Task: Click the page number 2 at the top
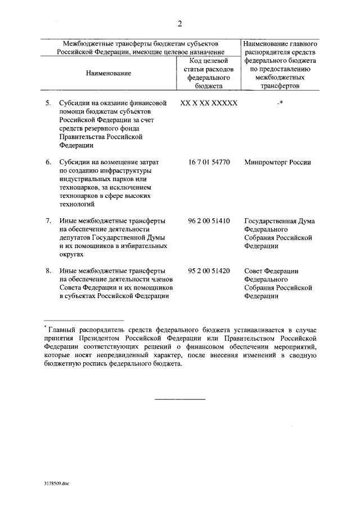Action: click(179, 24)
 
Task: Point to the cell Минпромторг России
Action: click(277, 163)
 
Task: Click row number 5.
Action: click(48, 104)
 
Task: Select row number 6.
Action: click(48, 163)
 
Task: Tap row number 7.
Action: click(48, 221)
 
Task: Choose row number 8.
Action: click(48, 272)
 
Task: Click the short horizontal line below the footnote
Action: click(180, 399)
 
